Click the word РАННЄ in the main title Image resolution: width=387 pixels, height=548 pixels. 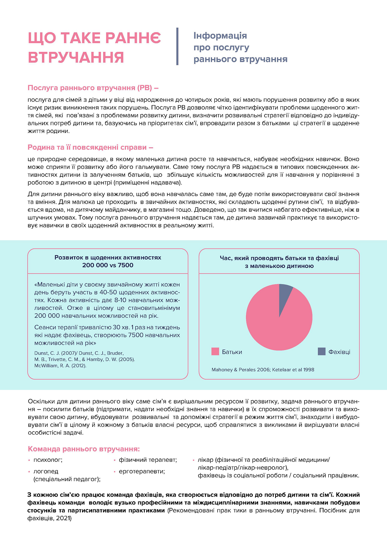tap(133, 38)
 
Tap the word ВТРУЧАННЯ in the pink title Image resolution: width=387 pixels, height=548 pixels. tap(76, 58)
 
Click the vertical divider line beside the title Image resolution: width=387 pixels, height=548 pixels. tap(177, 47)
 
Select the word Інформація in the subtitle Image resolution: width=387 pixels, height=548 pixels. tap(220, 36)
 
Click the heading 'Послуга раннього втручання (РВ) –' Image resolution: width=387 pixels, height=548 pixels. tap(93, 88)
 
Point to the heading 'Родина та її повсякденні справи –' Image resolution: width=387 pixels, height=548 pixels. tap(90, 147)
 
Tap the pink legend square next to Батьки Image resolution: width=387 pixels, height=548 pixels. tap(215, 352)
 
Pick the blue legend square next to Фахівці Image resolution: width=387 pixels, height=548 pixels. tap(322, 352)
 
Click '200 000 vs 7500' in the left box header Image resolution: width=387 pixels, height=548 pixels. tap(108, 265)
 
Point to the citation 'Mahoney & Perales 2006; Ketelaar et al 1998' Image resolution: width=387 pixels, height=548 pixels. tap(263, 370)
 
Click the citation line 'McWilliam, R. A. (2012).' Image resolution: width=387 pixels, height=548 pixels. tap(60, 366)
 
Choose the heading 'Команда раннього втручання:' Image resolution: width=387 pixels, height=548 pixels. tap(84, 449)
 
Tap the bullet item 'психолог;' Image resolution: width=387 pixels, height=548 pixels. tap(48, 460)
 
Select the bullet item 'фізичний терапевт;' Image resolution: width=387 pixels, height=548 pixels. tap(148, 460)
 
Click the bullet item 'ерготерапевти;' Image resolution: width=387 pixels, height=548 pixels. tap(142, 472)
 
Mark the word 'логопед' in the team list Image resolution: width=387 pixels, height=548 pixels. tap(46, 472)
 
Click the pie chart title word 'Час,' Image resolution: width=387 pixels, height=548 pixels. tap(226, 258)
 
